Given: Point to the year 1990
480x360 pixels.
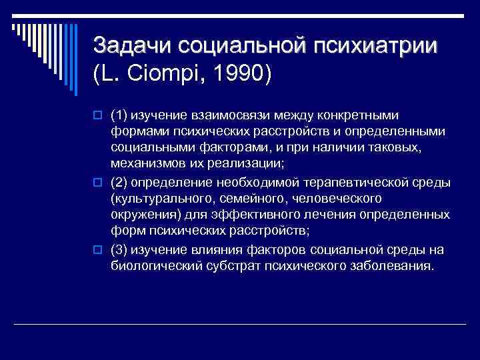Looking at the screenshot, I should pos(237,73).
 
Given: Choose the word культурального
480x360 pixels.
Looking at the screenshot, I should pos(161,199).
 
